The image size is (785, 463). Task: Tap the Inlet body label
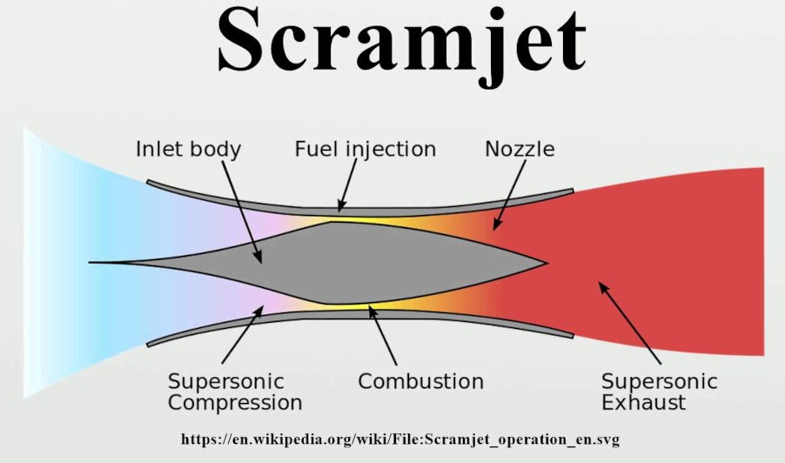click(x=188, y=149)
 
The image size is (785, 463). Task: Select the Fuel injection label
click(x=365, y=149)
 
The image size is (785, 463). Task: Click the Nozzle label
click(x=519, y=149)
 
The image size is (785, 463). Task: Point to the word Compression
click(x=235, y=403)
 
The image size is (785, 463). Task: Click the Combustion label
click(x=420, y=381)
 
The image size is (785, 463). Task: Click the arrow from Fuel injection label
click(x=348, y=187)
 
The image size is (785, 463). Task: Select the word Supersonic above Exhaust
click(x=659, y=381)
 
